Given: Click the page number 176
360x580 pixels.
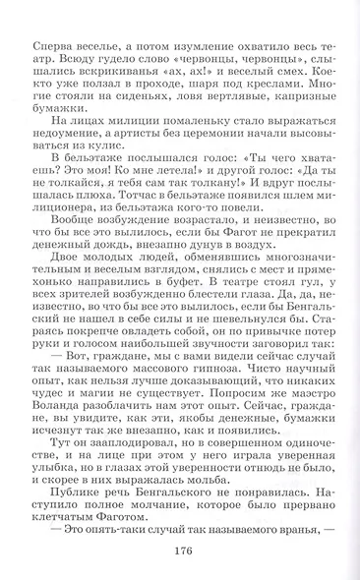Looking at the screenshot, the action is [x=181, y=551].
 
